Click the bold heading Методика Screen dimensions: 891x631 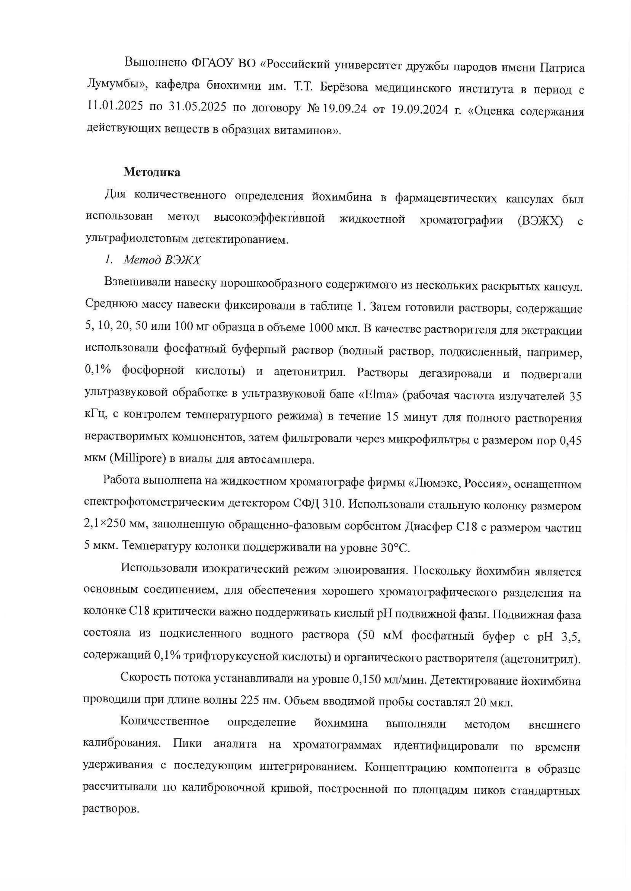pyautogui.click(x=152, y=172)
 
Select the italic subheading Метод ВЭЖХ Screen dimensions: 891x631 pyautogui.click(x=162, y=260)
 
